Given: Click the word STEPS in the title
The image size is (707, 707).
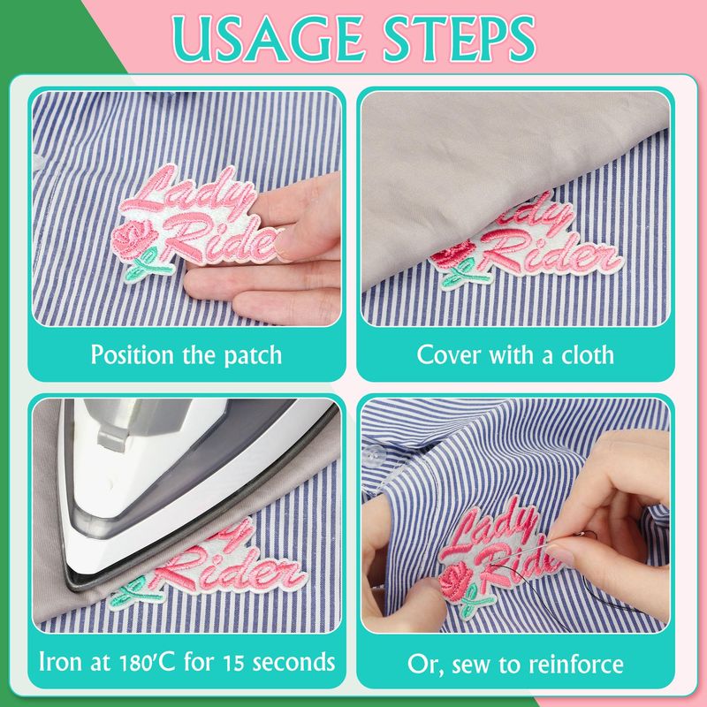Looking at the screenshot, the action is point(459,39).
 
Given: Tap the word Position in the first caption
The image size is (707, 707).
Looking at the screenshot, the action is point(132,355).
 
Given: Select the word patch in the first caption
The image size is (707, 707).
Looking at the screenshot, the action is point(253,355).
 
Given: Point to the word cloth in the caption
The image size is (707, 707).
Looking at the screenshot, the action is point(588,354).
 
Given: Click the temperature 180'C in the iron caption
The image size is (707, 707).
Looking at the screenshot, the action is point(147,662).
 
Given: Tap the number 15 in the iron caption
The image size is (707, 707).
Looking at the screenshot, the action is point(234,662).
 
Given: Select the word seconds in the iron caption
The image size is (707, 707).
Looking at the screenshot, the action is point(293,662).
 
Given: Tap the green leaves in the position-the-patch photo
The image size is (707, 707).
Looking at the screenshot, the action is point(147,266).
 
